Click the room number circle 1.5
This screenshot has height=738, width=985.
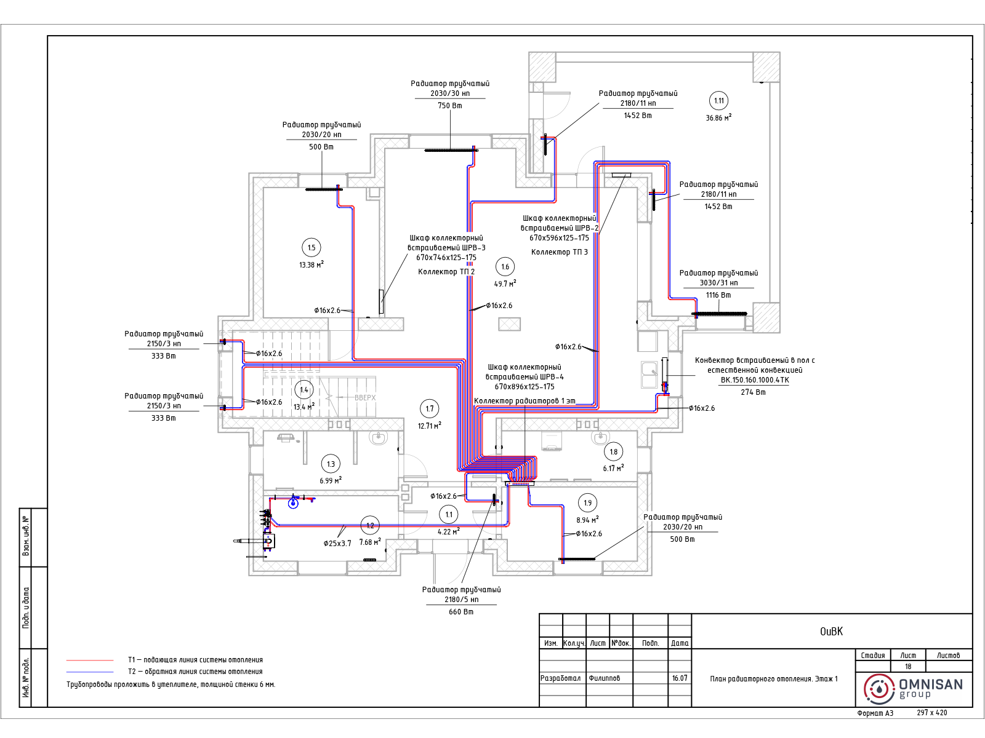(x=312, y=248)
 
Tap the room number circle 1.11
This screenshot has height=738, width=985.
(x=719, y=101)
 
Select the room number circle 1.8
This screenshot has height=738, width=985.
(x=613, y=451)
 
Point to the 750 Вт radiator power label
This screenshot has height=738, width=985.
(x=449, y=106)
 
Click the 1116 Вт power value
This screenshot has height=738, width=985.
(x=718, y=295)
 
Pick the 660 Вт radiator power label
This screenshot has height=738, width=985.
(x=461, y=612)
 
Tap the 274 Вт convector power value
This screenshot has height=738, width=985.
(x=753, y=392)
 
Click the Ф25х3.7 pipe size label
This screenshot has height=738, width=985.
(x=337, y=544)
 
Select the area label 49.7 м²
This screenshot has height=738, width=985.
(x=505, y=284)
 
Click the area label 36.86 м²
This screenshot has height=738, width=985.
(x=718, y=118)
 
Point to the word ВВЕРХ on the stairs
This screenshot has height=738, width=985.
(x=365, y=398)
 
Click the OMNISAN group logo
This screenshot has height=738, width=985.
(x=913, y=689)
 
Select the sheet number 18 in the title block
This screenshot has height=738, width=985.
(x=908, y=667)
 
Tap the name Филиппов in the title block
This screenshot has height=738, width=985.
(x=604, y=678)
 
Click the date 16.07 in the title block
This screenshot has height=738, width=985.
(x=680, y=678)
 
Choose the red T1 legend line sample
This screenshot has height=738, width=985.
(x=90, y=661)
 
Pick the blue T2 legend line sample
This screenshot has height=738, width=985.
(x=90, y=672)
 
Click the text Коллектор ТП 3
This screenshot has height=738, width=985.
(x=559, y=252)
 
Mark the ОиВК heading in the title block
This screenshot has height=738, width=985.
(x=831, y=632)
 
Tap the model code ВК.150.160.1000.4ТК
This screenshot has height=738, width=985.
(x=755, y=380)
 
